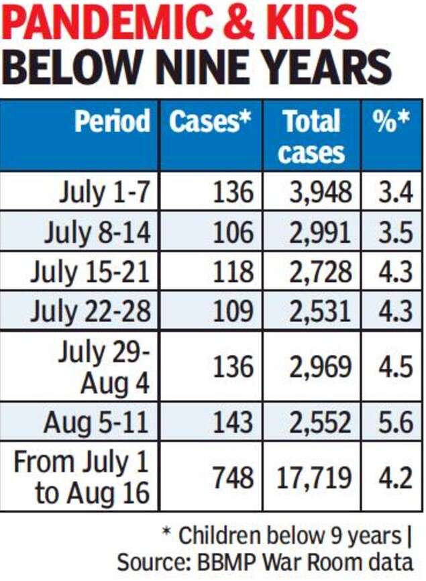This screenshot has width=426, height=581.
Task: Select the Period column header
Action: pyautogui.click(x=112, y=121)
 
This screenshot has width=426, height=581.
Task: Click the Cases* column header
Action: pyautogui.click(x=210, y=121)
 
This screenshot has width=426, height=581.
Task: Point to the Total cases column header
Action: pyautogui.click(x=311, y=136)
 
